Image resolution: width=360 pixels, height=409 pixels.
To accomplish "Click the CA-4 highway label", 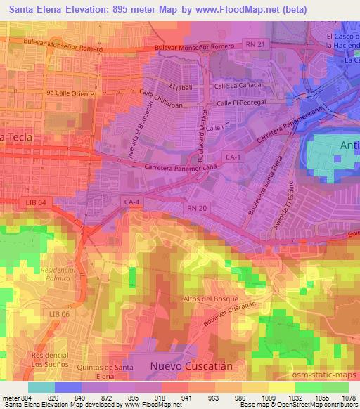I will point(132,202).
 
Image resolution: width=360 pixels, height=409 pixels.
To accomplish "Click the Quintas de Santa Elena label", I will point(98,372).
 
